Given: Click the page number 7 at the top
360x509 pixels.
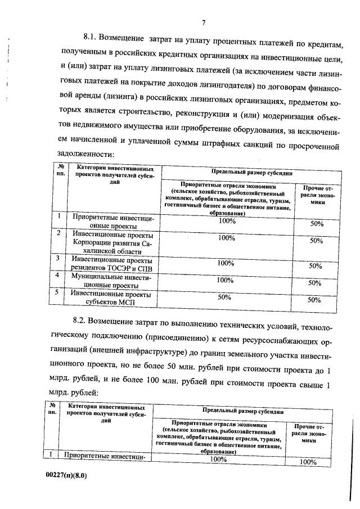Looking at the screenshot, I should pos(204,22).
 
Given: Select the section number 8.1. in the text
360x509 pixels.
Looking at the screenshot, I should pos(91,38).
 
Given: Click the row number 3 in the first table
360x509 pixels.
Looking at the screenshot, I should pos(58,258).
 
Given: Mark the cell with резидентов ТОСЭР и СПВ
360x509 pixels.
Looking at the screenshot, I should pos(107,263).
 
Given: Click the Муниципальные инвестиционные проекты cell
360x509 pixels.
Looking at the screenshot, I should pos(107,281).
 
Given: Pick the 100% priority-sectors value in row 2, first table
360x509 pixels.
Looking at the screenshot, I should pos(226,238).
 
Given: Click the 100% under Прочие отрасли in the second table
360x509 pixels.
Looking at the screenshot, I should pos(309,462).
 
